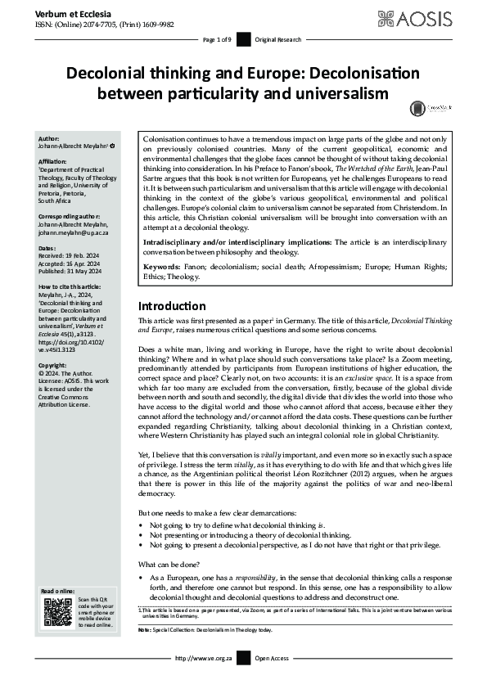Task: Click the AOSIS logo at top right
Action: [433, 17]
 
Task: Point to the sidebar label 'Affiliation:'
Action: [56, 161]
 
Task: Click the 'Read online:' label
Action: [59, 590]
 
